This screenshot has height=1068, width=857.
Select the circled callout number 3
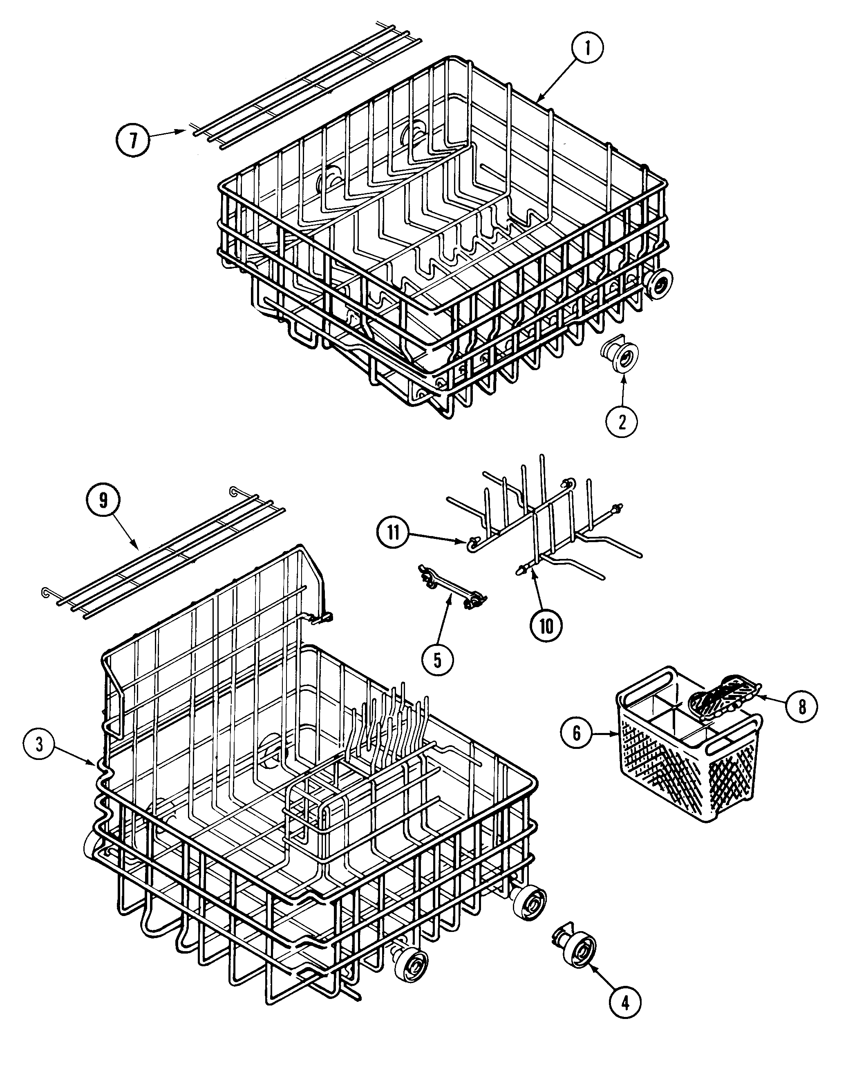pyautogui.click(x=40, y=744)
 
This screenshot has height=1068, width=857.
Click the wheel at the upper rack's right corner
pyautogui.click(x=658, y=285)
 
